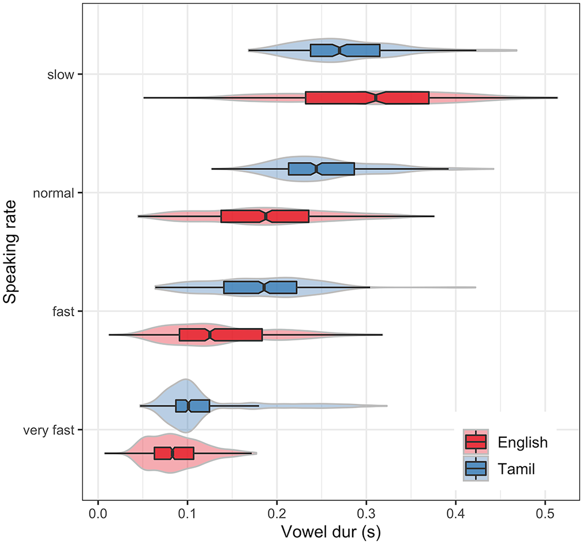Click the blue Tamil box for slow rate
pyautogui.click(x=345, y=50)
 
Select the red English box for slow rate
pyautogui.click(x=367, y=97)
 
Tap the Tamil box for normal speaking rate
pyautogui.click(x=322, y=168)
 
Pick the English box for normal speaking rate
pyautogui.click(x=265, y=216)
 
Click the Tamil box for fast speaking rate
pyautogui.click(x=260, y=287)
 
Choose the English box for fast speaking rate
pyautogui.click(x=221, y=335)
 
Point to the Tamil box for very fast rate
pyautogui.click(x=193, y=406)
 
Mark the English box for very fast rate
pyautogui.click(x=174, y=453)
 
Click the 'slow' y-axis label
pyautogui.click(x=61, y=74)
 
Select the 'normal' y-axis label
pyautogui.click(x=54, y=193)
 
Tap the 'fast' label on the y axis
pyautogui.click(x=63, y=312)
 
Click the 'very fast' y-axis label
pyautogui.click(x=48, y=430)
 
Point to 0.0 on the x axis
pyautogui.click(x=98, y=513)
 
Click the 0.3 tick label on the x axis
pyautogui.click(x=367, y=513)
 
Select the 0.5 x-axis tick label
pyautogui.click(x=545, y=513)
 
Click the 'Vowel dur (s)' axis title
pyautogui.click(x=331, y=532)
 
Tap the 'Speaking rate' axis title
pyautogui.click(x=10, y=252)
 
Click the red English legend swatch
pyautogui.click(x=476, y=442)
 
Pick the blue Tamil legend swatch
pyautogui.click(x=476, y=468)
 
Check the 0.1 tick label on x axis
pyautogui.click(x=188, y=513)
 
